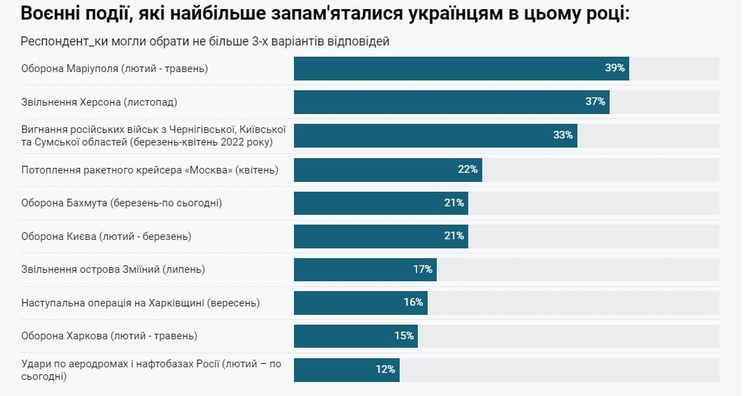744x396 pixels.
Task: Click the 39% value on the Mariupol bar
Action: pyautogui.click(x=615, y=69)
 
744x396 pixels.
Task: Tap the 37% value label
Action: pyautogui.click(x=595, y=102)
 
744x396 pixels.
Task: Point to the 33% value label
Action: pyautogui.click(x=563, y=135)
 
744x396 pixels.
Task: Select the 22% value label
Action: pyautogui.click(x=468, y=169)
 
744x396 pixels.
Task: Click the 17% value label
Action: pyautogui.click(x=422, y=269)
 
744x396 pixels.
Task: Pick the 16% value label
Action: pyautogui.click(x=413, y=302)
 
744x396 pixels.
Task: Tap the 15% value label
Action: pyautogui.click(x=404, y=336)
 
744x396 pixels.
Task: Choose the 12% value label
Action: pyautogui.click(x=385, y=369)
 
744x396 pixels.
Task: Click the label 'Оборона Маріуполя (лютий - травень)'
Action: pyautogui.click(x=115, y=69)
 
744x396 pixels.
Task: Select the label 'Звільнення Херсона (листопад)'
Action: pyautogui.click(x=99, y=102)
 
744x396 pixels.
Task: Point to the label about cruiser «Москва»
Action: pyautogui.click(x=150, y=169)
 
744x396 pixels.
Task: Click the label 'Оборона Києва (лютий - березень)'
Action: pyautogui.click(x=106, y=236)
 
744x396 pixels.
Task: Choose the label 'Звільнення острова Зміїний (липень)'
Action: pyautogui.click(x=113, y=269)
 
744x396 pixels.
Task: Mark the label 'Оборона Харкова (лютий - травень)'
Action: pyautogui.click(x=109, y=336)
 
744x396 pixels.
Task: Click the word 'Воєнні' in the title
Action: pyautogui.click(x=48, y=13)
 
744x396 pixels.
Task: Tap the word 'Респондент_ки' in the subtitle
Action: pyautogui.click(x=57, y=41)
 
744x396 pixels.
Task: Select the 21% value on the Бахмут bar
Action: pyautogui.click(x=454, y=203)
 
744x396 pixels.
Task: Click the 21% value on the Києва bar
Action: pyautogui.click(x=454, y=236)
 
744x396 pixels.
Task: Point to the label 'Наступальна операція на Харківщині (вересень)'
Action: pyautogui.click(x=141, y=302)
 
